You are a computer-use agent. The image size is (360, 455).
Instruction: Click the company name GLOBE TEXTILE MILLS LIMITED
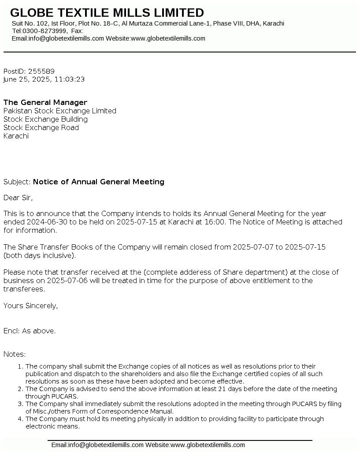coord(107,12)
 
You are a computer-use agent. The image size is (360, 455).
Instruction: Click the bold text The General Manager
coord(45,102)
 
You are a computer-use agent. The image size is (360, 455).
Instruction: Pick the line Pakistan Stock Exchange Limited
coord(60,111)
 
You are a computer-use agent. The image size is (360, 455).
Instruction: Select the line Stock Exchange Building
coord(45,119)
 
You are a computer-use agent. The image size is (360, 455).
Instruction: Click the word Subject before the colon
coord(16,182)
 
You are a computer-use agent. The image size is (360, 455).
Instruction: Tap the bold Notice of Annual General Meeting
coord(99,182)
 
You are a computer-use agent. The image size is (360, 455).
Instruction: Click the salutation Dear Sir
coord(18,198)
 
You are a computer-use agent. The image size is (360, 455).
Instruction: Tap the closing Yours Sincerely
coord(30,306)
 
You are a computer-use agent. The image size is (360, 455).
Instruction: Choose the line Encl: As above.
coord(30,331)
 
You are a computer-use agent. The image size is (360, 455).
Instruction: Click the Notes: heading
coord(15,354)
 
